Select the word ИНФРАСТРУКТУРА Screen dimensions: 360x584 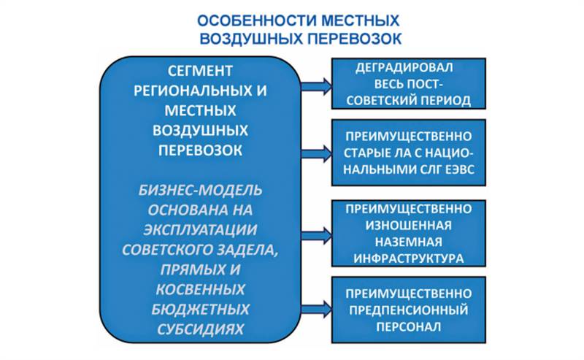tap(409, 257)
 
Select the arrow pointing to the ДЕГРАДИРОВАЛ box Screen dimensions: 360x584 tap(316, 85)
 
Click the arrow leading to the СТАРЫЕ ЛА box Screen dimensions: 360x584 tap(316, 153)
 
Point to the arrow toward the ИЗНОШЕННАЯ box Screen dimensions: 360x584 tap(316, 235)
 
